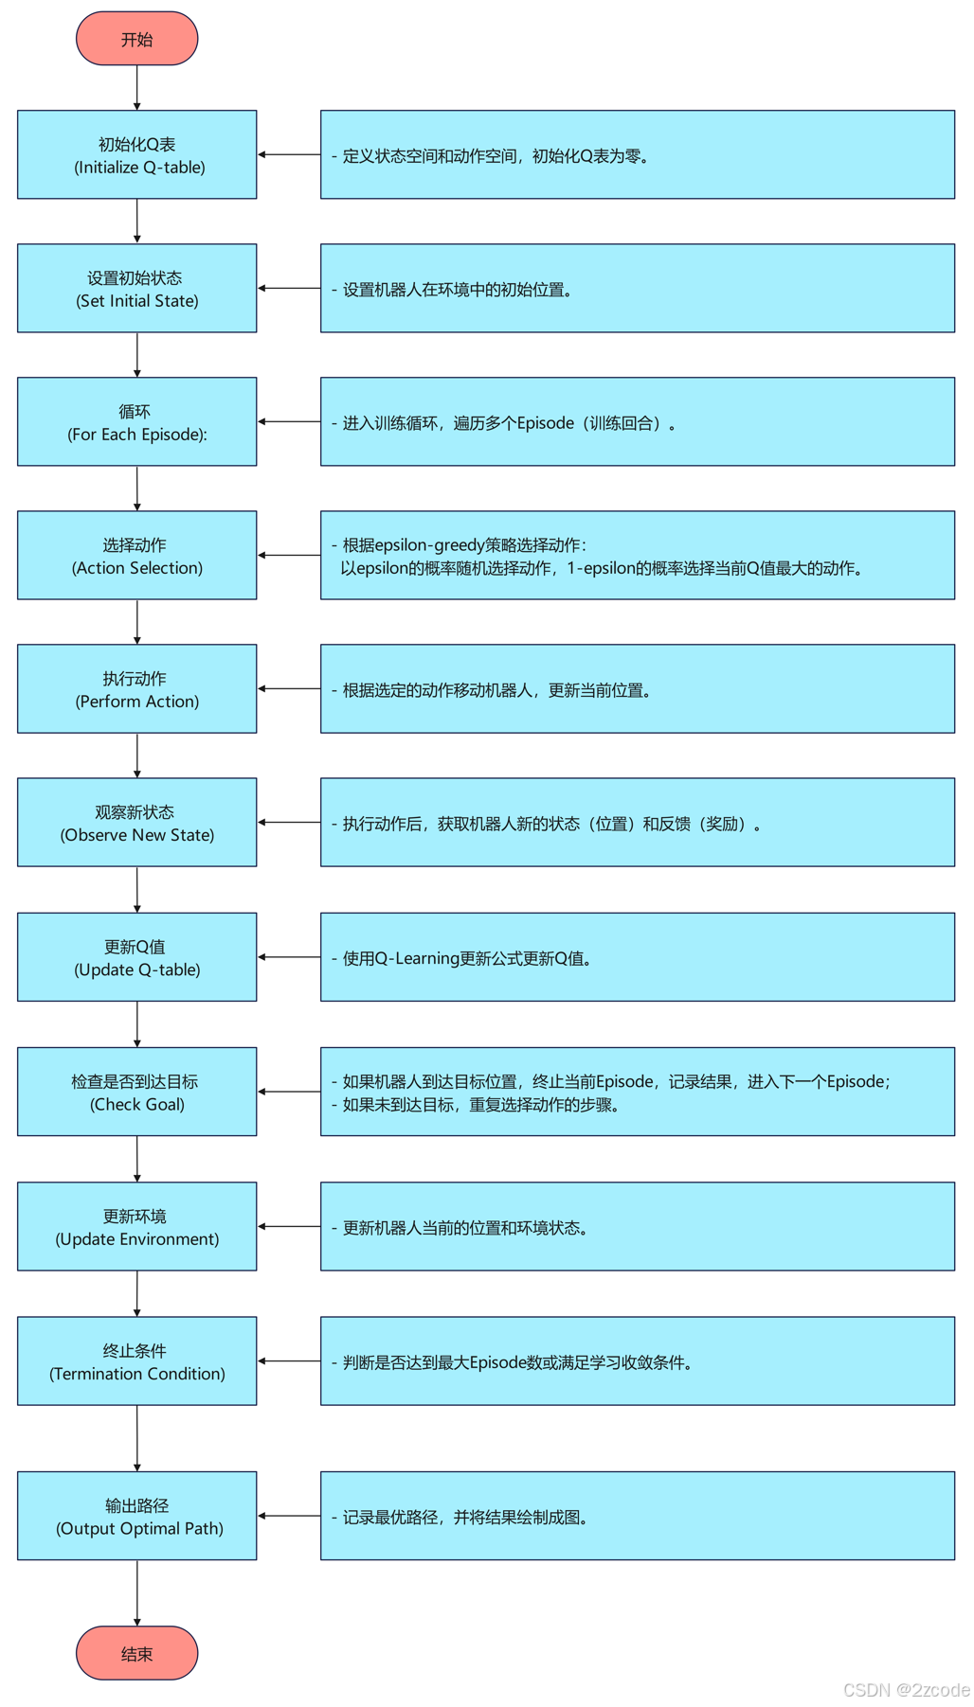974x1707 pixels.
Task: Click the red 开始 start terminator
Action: (x=136, y=39)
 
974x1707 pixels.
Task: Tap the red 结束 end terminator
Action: (x=136, y=1653)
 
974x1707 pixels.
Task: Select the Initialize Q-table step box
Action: (x=136, y=154)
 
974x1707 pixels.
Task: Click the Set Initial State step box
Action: (x=136, y=288)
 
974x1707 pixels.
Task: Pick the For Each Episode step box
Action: (x=136, y=421)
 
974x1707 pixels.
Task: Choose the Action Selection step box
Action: (x=136, y=555)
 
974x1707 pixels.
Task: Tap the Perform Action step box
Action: (x=136, y=688)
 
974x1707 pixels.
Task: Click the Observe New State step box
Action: (x=136, y=822)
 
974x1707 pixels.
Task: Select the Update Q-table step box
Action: (x=136, y=956)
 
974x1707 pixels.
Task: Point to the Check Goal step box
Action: (x=136, y=1091)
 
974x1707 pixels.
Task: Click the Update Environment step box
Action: (x=136, y=1226)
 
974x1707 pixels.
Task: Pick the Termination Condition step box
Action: (x=136, y=1360)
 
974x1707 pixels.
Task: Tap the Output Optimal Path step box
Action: (x=136, y=1515)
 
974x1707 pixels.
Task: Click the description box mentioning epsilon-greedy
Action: (x=637, y=555)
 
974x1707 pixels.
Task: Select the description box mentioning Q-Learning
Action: (x=637, y=956)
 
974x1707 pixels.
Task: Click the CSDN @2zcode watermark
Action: (x=905, y=1689)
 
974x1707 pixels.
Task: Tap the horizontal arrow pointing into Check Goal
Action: (x=289, y=1092)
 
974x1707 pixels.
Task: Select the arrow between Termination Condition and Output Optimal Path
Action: (x=136, y=1437)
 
